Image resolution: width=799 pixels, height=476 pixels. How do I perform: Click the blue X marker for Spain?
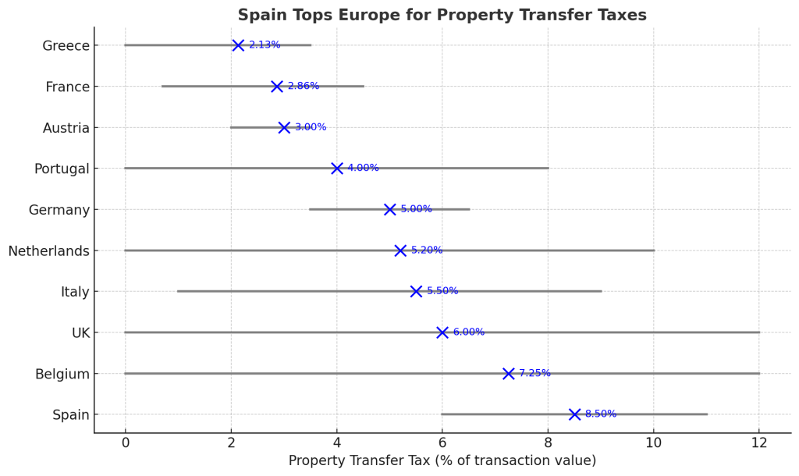tap(575, 414)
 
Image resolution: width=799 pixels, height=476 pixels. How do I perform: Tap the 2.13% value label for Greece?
tap(265, 45)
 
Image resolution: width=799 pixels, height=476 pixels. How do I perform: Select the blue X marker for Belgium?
tap(509, 374)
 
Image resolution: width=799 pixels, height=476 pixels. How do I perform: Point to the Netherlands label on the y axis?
tap(49, 250)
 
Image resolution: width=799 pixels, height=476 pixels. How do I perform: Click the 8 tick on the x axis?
tap(548, 443)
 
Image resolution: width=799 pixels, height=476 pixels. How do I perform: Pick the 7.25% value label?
tap(534, 374)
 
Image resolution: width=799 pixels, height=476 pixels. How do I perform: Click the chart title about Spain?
tap(442, 16)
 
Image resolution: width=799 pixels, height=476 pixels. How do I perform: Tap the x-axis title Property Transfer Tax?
tap(442, 461)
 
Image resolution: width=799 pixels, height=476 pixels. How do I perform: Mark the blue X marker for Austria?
tap(284, 127)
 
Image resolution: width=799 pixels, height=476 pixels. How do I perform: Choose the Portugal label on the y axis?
tap(62, 169)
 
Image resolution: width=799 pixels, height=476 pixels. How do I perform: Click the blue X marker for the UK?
tap(442, 332)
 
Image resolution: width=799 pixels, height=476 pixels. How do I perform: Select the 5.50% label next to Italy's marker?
tap(442, 291)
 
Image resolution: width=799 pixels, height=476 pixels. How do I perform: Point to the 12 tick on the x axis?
tap(759, 443)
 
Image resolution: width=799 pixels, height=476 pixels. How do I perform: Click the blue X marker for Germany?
tap(390, 209)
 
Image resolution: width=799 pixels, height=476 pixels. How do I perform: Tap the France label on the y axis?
tap(68, 87)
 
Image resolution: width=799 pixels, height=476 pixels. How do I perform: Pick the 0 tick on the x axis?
tap(125, 443)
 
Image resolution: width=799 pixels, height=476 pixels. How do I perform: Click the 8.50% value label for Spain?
tap(601, 414)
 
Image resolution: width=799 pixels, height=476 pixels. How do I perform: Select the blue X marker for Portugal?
tap(337, 169)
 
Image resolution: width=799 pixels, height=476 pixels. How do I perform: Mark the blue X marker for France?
tap(277, 87)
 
